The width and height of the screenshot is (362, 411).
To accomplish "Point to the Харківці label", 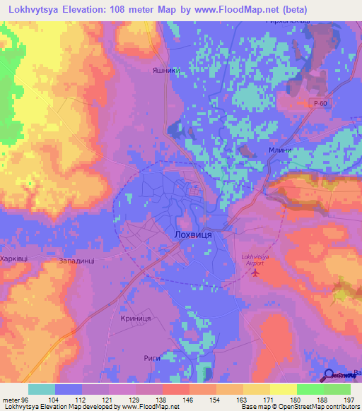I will tap(14, 259).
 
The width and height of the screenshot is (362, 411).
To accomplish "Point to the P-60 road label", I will tap(321, 104).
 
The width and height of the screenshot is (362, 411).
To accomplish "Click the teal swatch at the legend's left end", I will tap(42, 389).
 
